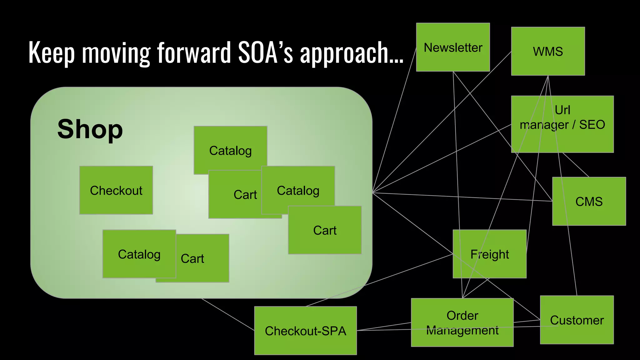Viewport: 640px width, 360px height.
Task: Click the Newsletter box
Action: pyautogui.click(x=453, y=47)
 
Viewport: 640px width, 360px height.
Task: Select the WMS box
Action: pyautogui.click(x=548, y=51)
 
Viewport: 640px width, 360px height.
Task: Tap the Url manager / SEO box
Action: pyautogui.click(x=562, y=124)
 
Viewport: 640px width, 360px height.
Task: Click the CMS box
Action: pyautogui.click(x=589, y=201)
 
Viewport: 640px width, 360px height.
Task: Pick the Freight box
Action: pyautogui.click(x=489, y=254)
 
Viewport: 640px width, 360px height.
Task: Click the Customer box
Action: pyautogui.click(x=577, y=320)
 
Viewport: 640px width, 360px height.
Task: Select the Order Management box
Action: pyautogui.click(x=462, y=322)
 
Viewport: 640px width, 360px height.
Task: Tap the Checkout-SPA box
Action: pyautogui.click(x=305, y=330)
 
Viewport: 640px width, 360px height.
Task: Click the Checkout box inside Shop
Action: pyautogui.click(x=116, y=190)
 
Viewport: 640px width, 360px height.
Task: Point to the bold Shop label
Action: pyautogui.click(x=90, y=129)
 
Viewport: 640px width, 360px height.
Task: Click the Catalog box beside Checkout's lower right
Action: pyautogui.click(x=139, y=254)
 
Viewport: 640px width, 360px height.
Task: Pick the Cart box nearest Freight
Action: pyautogui.click(x=325, y=230)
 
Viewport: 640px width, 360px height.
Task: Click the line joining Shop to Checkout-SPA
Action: pyautogui.click(x=228, y=314)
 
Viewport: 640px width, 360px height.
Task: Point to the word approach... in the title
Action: pyautogui.click(x=352, y=53)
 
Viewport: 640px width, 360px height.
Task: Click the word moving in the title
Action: pyautogui.click(x=116, y=53)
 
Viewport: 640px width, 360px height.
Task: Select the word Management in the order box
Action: pyautogui.click(x=462, y=330)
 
